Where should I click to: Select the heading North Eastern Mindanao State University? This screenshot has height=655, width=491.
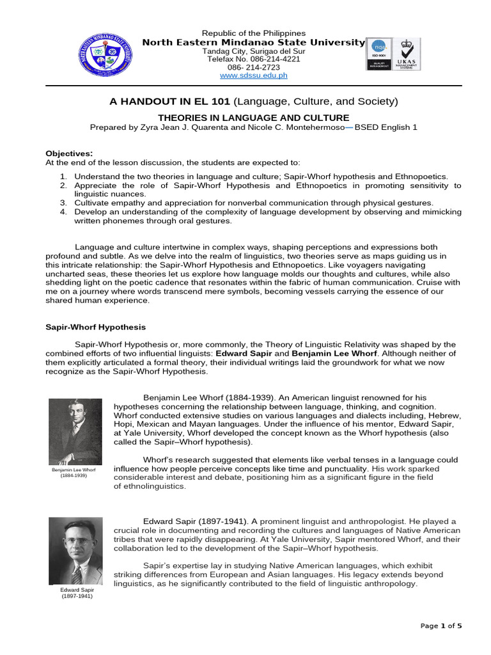(x=253, y=42)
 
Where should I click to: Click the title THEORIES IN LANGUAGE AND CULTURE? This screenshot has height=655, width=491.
(x=253, y=118)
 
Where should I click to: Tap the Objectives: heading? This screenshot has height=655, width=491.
(x=69, y=154)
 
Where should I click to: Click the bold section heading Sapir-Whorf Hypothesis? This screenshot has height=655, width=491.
(x=95, y=327)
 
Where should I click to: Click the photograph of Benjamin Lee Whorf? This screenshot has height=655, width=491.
(x=75, y=432)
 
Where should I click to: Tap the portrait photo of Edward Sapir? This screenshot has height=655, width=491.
(x=75, y=551)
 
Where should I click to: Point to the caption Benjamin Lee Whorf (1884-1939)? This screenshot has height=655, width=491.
(x=74, y=473)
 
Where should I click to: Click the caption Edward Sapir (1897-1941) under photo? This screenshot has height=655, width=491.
(x=77, y=592)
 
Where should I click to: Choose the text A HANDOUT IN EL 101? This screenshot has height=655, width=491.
(x=171, y=102)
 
